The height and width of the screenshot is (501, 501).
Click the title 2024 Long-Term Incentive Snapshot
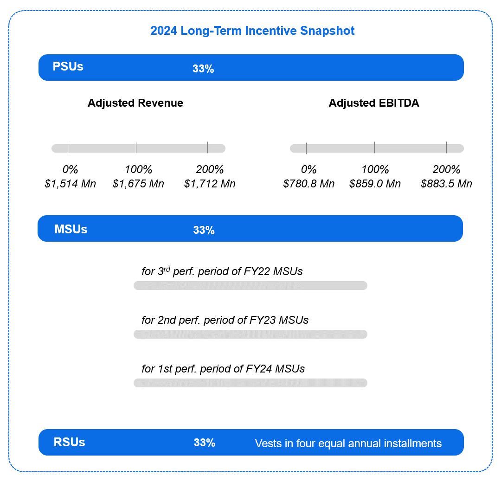coord(252,31)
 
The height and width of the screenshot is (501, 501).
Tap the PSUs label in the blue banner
coord(68,66)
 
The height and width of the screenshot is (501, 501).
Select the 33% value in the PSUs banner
coord(203,69)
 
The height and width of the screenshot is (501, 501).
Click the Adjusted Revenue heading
coord(135,103)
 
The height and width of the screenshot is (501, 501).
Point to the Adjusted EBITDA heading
coord(374,103)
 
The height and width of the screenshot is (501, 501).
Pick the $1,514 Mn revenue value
coord(71,184)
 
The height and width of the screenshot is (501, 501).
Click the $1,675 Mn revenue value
coord(138,184)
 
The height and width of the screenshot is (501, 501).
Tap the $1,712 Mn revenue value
coord(210,184)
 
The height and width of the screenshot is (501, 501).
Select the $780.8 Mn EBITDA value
coord(308,184)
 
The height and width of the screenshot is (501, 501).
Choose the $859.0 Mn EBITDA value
coord(375,184)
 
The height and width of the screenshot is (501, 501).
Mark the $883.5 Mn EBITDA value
coord(446,184)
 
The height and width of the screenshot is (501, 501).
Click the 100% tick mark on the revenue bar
coord(136,148)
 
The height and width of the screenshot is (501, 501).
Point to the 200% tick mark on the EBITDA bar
coord(446,148)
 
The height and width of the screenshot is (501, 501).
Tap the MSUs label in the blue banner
coord(71,230)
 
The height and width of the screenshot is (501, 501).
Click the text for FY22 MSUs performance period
coord(222,271)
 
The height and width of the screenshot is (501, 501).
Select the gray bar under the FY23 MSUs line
coord(250,334)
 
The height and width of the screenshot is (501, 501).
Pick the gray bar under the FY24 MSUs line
coord(250,383)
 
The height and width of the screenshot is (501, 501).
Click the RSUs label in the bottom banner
coord(69,442)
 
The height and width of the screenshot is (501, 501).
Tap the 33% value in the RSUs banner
coord(205,443)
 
